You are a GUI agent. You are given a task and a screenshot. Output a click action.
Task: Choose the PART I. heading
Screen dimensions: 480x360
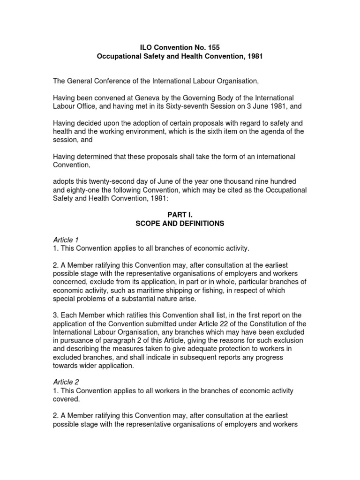click(x=180, y=215)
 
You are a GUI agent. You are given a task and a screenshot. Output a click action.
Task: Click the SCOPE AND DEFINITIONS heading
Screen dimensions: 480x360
click(x=180, y=224)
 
